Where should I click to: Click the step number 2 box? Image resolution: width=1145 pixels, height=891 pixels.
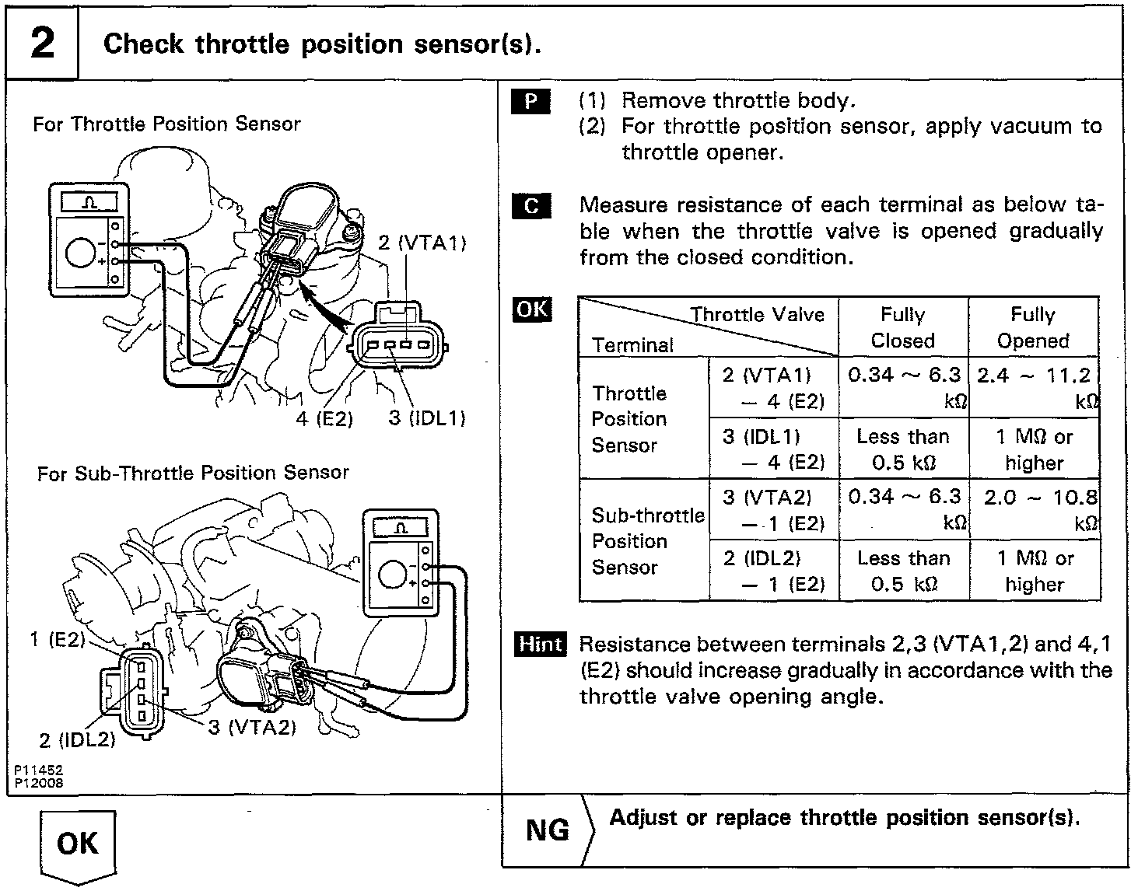coord(42,43)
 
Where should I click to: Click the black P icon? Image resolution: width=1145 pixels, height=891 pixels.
coord(530,101)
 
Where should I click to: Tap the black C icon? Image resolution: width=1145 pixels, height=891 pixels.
coord(530,205)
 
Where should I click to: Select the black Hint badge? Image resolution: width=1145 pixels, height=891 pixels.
coord(540,645)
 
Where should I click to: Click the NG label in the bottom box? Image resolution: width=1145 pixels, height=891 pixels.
coord(548,830)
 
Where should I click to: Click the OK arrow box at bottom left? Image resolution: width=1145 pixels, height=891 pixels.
coord(77,844)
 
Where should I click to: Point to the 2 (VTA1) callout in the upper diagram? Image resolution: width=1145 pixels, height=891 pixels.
coord(422,243)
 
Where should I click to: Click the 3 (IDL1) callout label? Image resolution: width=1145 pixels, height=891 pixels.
coord(427,418)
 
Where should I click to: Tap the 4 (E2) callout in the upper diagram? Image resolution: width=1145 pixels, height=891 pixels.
coord(324,419)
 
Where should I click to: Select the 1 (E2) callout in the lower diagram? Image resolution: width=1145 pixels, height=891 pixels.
coord(57,640)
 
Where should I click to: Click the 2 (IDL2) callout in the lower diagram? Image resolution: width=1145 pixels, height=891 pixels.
coord(77,739)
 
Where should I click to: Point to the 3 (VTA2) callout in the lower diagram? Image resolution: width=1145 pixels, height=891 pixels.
coord(252,728)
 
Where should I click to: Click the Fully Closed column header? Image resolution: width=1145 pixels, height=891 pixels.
coord(902,327)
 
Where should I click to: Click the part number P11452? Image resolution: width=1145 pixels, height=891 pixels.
coord(37,770)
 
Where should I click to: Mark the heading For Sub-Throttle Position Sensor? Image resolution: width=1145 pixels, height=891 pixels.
coord(193,473)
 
